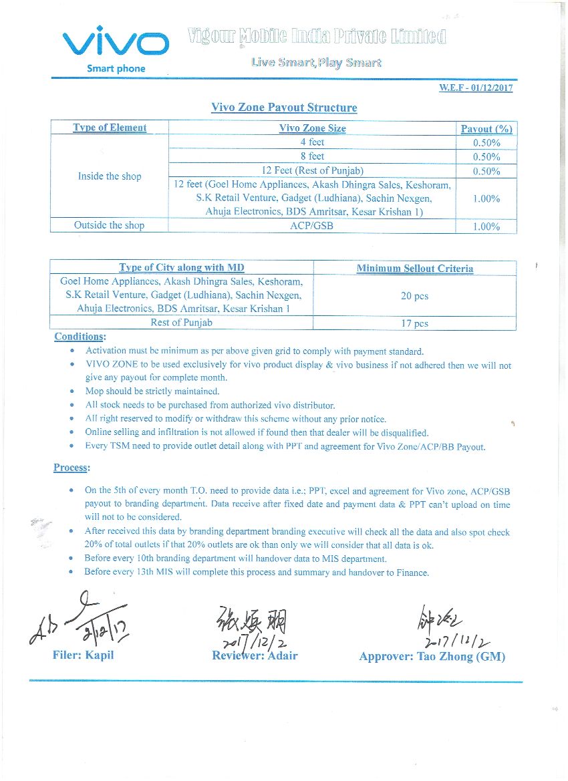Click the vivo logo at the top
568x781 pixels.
(x=116, y=44)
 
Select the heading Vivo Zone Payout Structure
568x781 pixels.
(x=284, y=108)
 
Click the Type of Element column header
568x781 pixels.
(x=110, y=128)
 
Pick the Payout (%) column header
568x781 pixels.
(x=486, y=128)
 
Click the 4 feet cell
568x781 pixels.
(x=312, y=142)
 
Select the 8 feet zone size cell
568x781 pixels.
(x=312, y=156)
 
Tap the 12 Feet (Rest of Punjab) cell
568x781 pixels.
(x=313, y=170)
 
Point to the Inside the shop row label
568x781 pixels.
(x=110, y=176)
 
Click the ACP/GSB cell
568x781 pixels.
(x=312, y=226)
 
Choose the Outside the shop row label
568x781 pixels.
(x=110, y=226)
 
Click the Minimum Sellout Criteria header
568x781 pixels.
(x=415, y=269)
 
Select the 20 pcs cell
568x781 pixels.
(x=415, y=296)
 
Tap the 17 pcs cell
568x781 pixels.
(x=415, y=323)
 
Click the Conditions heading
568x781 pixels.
(x=80, y=337)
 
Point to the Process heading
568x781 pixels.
(x=72, y=468)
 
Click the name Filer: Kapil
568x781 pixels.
(x=84, y=655)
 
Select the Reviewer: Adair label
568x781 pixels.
(x=255, y=655)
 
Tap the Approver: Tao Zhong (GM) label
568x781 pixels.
(x=432, y=657)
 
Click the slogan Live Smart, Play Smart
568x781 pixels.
(x=316, y=63)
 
